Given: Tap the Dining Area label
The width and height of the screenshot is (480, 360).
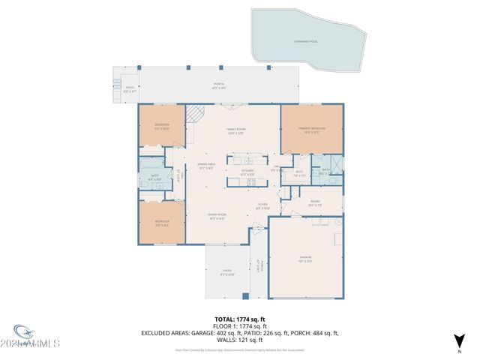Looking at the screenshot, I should click(206, 166).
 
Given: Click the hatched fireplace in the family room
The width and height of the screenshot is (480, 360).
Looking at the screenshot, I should click(195, 114).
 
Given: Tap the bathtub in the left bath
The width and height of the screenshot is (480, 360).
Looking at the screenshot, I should click(151, 163).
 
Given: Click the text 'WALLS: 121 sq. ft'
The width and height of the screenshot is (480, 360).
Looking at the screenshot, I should click(239, 340).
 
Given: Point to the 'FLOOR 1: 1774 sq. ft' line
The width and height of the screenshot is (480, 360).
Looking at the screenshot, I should click(239, 326).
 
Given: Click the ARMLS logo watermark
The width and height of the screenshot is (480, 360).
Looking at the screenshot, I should click(36, 339).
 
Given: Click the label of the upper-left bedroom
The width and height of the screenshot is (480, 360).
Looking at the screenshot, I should click(162, 126).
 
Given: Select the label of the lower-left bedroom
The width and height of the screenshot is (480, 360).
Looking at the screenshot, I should click(162, 223).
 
